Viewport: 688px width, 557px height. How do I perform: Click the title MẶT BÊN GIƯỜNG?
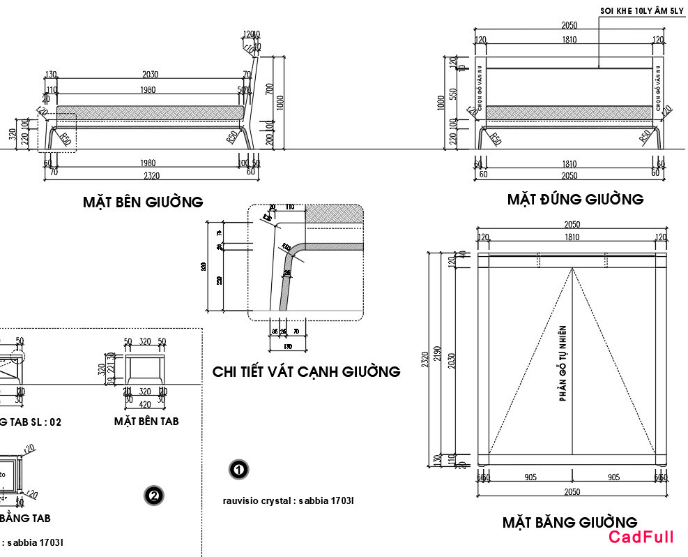[143, 202]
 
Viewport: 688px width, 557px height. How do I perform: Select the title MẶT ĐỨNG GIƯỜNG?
[575, 200]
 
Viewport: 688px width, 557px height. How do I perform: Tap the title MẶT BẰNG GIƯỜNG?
[569, 522]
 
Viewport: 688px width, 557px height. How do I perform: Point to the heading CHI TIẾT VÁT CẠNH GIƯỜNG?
[306, 372]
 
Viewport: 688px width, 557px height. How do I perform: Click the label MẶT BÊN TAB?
[146, 422]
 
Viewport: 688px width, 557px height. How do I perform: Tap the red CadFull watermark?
[641, 537]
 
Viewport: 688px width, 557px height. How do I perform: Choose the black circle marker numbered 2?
[153, 496]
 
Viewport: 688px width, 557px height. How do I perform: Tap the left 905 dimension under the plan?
[530, 478]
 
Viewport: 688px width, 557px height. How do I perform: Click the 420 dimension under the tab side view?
[145, 403]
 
